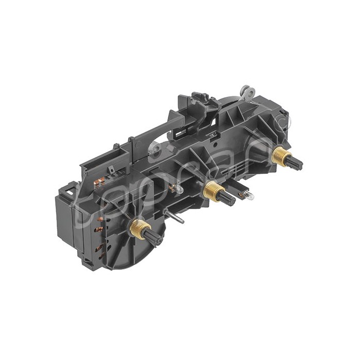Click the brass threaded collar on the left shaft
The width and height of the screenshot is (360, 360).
pyautogui.click(x=138, y=227)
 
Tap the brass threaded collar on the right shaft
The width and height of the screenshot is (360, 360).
pyautogui.click(x=281, y=154)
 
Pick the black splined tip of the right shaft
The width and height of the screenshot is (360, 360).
pyautogui.click(x=295, y=163)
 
